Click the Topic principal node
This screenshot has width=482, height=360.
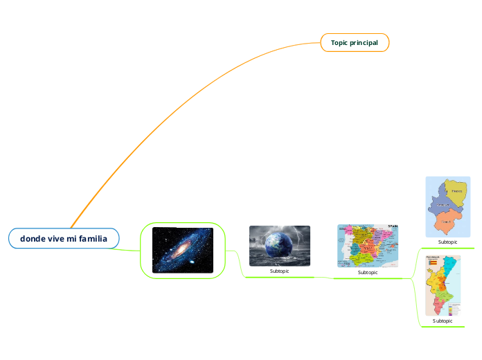355,43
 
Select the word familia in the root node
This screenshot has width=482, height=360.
93,239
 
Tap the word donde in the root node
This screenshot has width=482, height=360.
32,239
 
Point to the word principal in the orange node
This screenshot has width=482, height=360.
364,43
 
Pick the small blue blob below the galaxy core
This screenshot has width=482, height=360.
191,262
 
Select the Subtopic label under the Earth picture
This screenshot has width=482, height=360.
279,271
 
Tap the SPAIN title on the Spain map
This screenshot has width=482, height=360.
393,226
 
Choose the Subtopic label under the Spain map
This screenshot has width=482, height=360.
368,273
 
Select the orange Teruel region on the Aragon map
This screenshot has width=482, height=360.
447,222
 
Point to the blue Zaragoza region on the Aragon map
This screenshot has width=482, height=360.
440,205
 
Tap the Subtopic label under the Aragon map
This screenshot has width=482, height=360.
447,242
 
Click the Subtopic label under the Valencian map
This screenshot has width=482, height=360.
443,321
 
